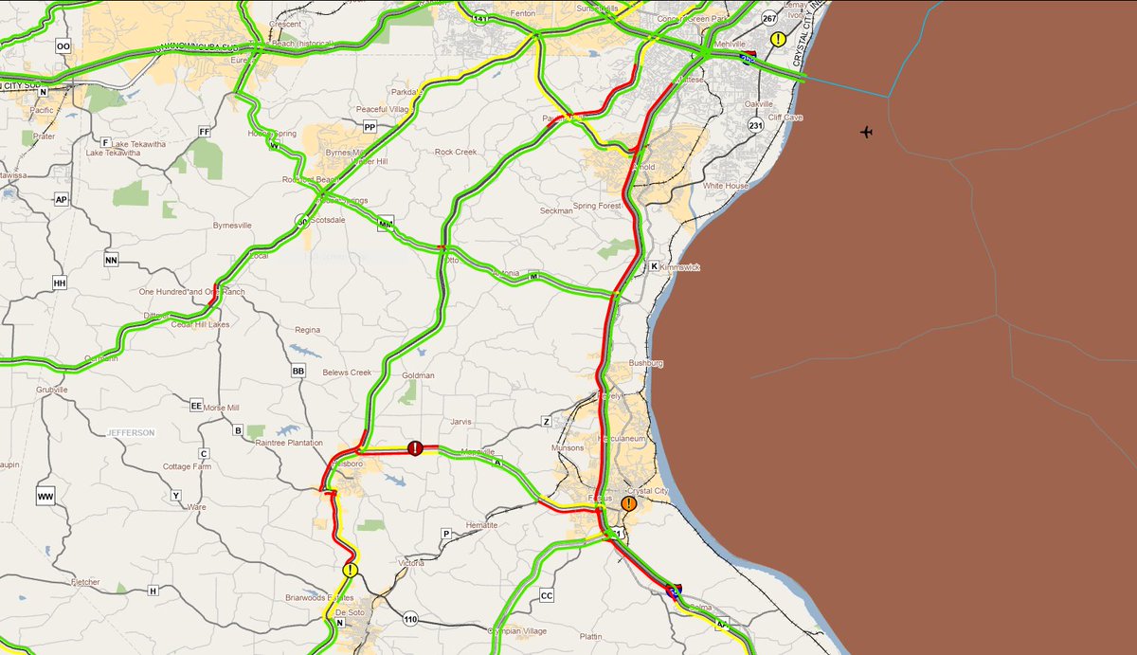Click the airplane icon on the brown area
[867, 132]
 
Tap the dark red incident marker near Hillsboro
[414, 447]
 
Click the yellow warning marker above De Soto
[351, 570]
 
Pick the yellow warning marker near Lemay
[778, 39]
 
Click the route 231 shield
[755, 125]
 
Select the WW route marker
[45, 496]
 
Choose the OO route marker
[63, 45]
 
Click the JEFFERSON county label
[131, 432]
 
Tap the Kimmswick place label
[679, 268]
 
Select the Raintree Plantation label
[290, 442]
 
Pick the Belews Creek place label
[348, 373]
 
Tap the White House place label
[726, 186]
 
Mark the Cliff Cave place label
[786, 118]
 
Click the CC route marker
[546, 596]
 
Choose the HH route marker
[61, 282]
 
